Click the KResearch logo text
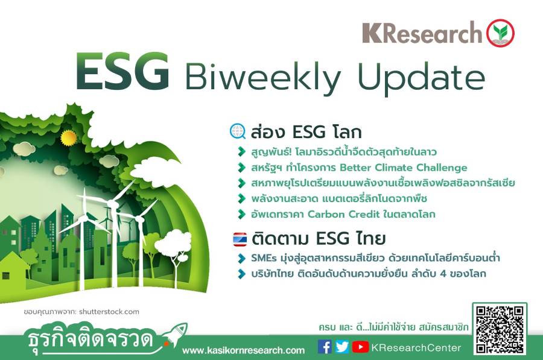[x=422, y=33]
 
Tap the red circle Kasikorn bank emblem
[x=500, y=33]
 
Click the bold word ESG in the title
[x=122, y=72]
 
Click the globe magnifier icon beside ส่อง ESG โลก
[x=238, y=131]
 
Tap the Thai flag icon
[x=240, y=239]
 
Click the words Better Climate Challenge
[x=404, y=168]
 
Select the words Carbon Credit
[x=343, y=214]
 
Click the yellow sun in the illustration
[x=68, y=137]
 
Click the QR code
[x=500, y=329]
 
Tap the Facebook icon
[x=325, y=347]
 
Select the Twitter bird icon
[x=342, y=347]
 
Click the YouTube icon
[x=360, y=347]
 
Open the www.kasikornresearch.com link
[x=244, y=350]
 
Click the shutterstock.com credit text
[x=109, y=312]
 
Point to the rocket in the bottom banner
[x=175, y=335]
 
